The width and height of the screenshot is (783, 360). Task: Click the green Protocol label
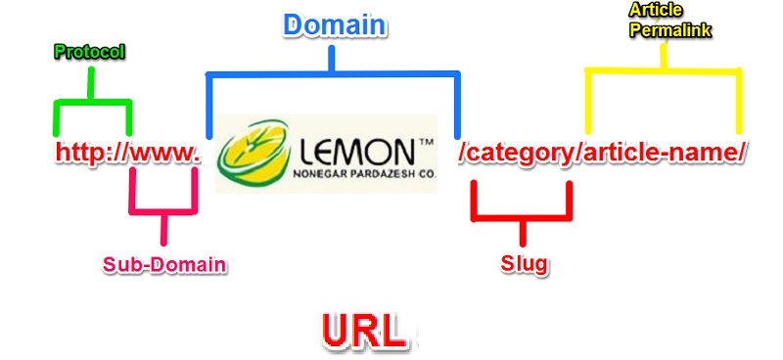pos(89,51)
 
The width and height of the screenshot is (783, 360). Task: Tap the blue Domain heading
pos(334,24)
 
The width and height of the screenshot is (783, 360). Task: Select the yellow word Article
pos(657,9)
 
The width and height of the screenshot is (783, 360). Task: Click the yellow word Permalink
pos(670,28)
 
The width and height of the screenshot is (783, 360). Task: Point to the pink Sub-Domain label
pos(164,263)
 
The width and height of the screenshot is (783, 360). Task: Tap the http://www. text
pos(127,153)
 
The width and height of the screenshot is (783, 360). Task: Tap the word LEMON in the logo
pos(356,152)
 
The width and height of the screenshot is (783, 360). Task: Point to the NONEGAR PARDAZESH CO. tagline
pos(363,176)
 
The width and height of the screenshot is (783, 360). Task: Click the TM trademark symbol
pos(427,142)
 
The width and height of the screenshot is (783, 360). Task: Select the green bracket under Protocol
pos(91,102)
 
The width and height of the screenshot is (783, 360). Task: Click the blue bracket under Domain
pos(333,74)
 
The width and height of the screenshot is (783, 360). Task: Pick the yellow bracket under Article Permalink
pos(664,71)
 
